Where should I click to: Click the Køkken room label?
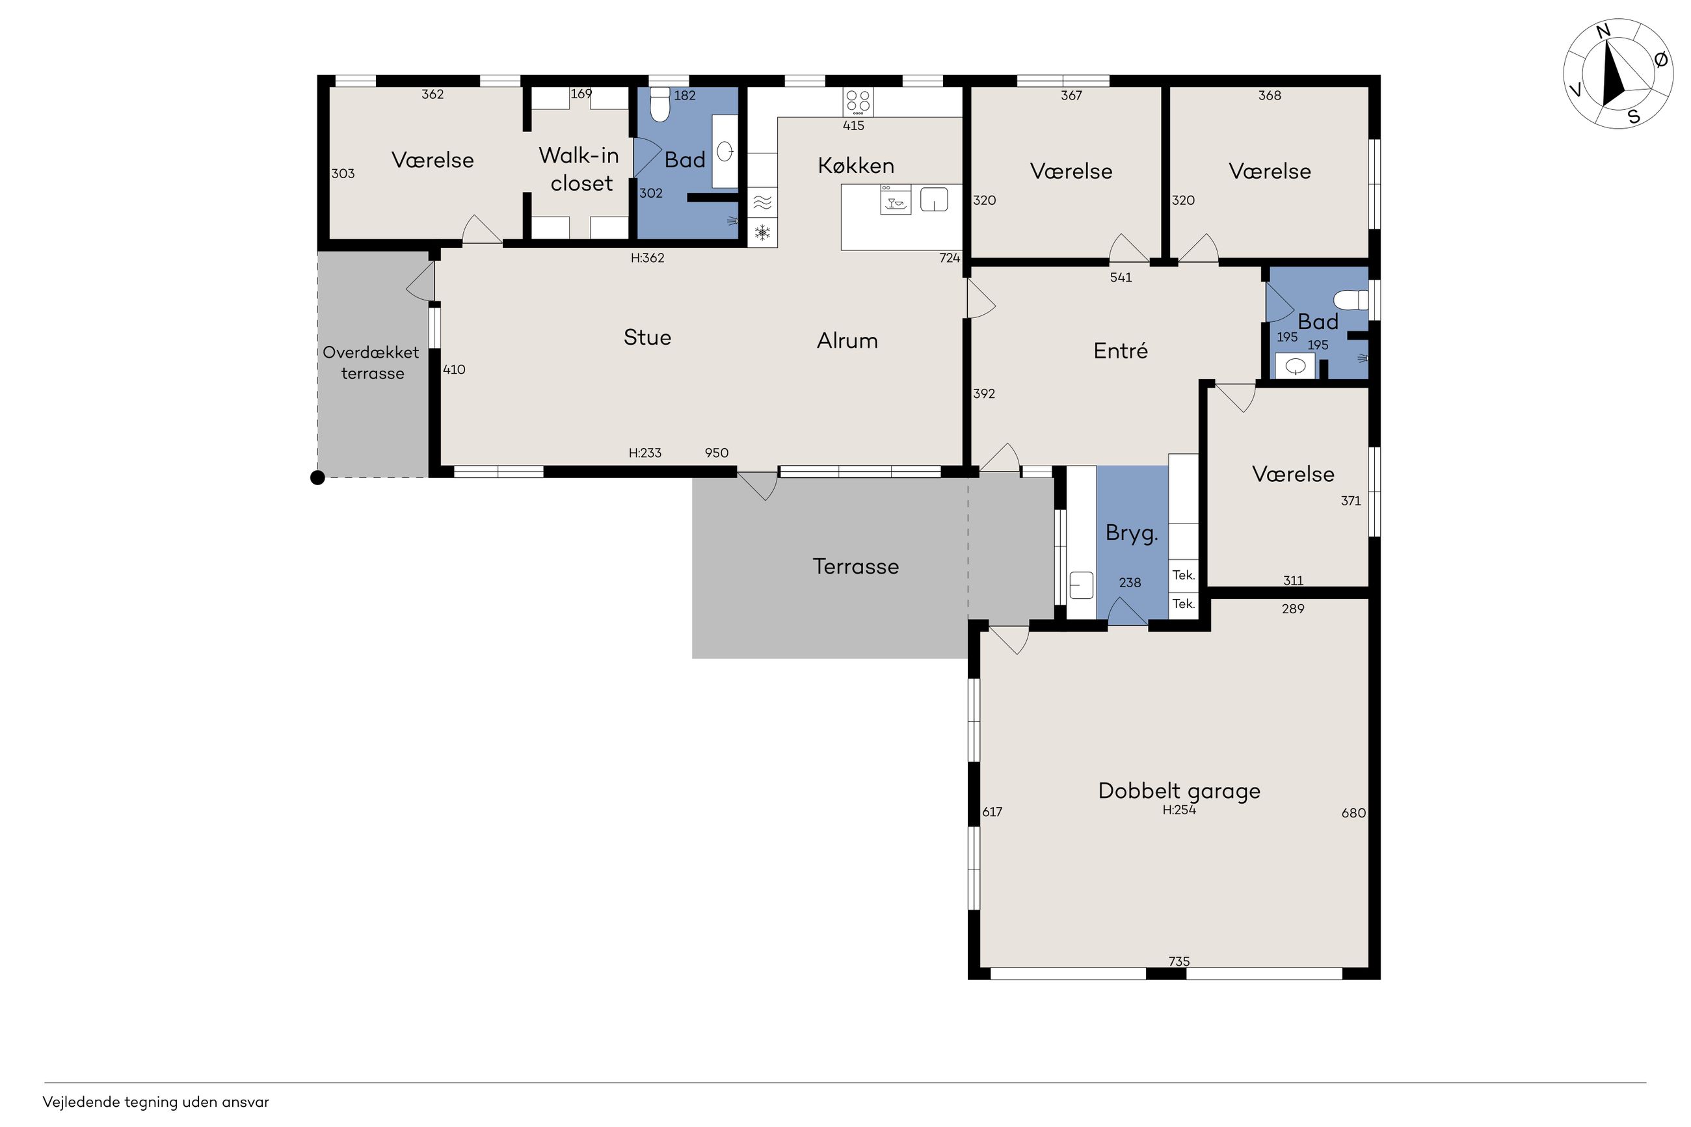(855, 165)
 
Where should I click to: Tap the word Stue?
(646, 337)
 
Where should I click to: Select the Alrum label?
(847, 340)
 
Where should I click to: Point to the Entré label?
(1121, 350)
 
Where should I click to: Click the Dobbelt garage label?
(1178, 791)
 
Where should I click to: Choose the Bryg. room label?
(1131, 533)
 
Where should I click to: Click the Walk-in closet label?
(579, 169)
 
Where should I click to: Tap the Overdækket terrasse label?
(371, 362)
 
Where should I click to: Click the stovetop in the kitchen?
(858, 101)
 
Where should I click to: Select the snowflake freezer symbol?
(762, 232)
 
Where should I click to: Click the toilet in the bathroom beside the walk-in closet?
(659, 104)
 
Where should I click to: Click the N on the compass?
(1602, 31)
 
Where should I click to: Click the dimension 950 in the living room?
(717, 453)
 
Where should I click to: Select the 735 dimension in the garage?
(1178, 961)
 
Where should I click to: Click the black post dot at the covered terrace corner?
(317, 477)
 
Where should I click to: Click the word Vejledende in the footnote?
(81, 1102)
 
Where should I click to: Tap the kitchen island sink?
(933, 199)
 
